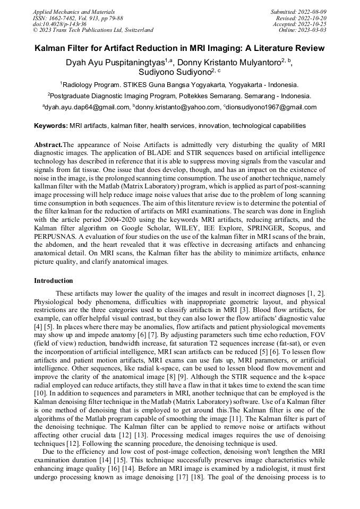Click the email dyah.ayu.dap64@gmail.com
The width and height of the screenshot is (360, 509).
tap(87, 107)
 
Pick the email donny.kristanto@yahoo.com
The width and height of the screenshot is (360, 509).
tap(178, 107)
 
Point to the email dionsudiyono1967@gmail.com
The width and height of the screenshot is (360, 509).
tap(271, 107)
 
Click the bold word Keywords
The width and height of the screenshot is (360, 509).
tap(50, 126)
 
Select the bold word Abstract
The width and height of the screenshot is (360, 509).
tap(48, 145)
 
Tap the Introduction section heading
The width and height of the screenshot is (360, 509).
tap(54, 281)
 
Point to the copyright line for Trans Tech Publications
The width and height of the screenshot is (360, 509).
tap(93, 30)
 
